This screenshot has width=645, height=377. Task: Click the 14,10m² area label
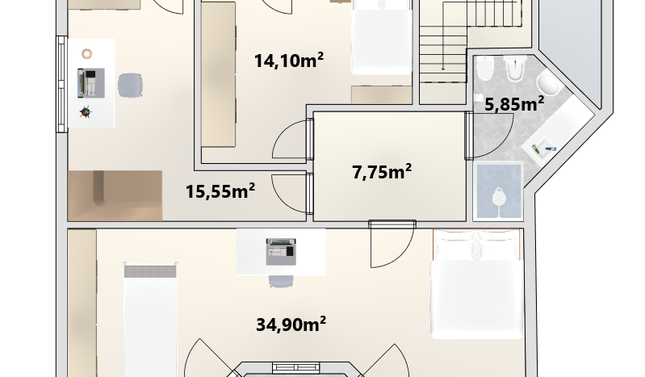pyautogui.click(x=289, y=61)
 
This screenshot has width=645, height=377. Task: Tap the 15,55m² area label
pyautogui.click(x=220, y=191)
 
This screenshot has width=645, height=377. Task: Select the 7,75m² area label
pyautogui.click(x=382, y=171)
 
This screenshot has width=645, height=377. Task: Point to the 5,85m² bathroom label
pyautogui.click(x=514, y=103)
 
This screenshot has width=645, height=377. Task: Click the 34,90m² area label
pyautogui.click(x=291, y=324)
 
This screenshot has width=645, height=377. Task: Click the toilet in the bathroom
pyautogui.click(x=515, y=69)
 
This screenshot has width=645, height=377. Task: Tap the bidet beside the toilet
pyautogui.click(x=484, y=68)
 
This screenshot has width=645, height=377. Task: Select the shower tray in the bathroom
pyautogui.click(x=498, y=191)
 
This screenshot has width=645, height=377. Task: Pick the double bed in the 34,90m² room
pyautogui.click(x=477, y=284)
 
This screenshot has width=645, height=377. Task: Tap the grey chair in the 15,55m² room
pyautogui.click(x=130, y=86)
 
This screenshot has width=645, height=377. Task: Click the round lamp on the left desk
pyautogui.click(x=87, y=53)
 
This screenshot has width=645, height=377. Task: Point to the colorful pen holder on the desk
pyautogui.click(x=86, y=112)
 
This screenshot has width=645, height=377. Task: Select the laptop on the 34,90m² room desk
pyautogui.click(x=281, y=252)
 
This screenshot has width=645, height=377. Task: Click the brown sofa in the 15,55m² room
pyautogui.click(x=115, y=195)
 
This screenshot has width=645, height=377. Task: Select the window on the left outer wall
pyautogui.click(x=61, y=84)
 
